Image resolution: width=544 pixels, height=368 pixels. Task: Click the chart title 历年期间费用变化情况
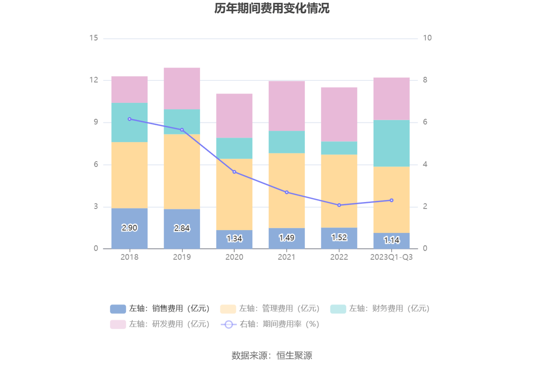pyautogui.click(x=272, y=8)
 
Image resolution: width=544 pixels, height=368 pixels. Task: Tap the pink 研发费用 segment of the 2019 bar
pyautogui.click(x=182, y=88)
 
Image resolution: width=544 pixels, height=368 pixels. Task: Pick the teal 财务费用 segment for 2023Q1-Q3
pyautogui.click(x=391, y=143)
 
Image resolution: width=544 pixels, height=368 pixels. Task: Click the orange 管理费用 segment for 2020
pyautogui.click(x=234, y=194)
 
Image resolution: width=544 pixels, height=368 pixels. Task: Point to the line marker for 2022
pyautogui.click(x=339, y=205)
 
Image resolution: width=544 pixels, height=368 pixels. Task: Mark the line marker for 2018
pyautogui.click(x=129, y=119)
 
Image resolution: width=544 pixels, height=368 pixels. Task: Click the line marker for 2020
pyautogui.click(x=234, y=172)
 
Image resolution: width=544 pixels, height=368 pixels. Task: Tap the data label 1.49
pyautogui.click(x=287, y=238)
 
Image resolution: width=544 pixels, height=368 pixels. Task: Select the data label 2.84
pyautogui.click(x=182, y=228)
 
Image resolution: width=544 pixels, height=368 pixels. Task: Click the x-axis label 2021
pyautogui.click(x=286, y=257)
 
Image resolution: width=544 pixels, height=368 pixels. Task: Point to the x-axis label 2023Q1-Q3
pyautogui.click(x=391, y=257)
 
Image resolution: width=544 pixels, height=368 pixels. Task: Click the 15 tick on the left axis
pyautogui.click(x=94, y=38)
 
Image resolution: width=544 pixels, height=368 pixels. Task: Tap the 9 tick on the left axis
pyautogui.click(x=96, y=122)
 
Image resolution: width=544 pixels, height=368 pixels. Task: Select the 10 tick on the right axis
pyautogui.click(x=427, y=38)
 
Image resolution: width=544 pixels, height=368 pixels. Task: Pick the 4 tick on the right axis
pyautogui.click(x=425, y=164)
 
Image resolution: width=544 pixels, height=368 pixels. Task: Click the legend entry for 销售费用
pyautogui.click(x=160, y=309)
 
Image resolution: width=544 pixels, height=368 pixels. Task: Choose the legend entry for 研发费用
pyautogui.click(x=160, y=324)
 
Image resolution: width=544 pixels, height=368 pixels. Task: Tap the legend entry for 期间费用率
pyautogui.click(x=270, y=324)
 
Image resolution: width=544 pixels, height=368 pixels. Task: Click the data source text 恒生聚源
pyautogui.click(x=294, y=356)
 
